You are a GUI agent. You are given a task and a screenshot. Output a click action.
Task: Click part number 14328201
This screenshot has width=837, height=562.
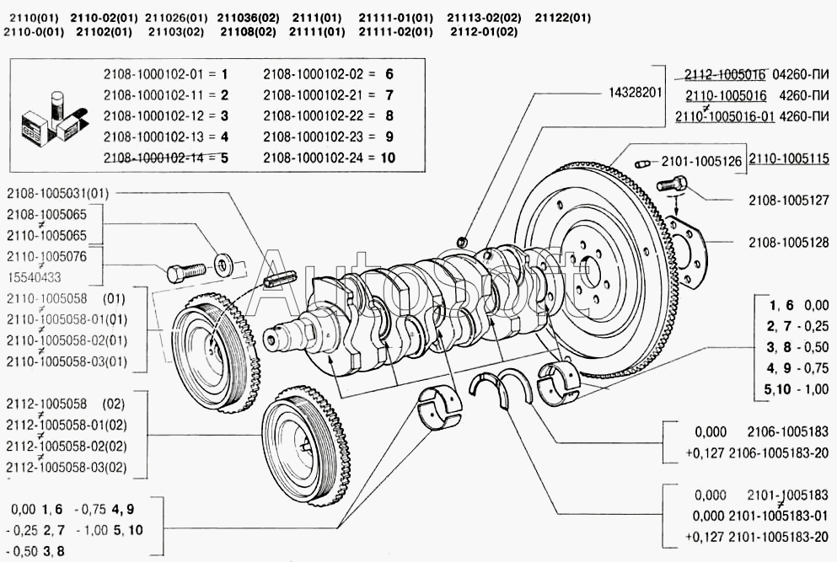point(636,93)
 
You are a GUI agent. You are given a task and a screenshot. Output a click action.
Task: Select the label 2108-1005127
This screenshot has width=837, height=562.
point(788,201)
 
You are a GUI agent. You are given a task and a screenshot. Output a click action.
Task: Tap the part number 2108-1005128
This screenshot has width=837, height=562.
point(788,243)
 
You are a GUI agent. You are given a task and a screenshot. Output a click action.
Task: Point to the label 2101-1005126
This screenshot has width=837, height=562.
point(701,161)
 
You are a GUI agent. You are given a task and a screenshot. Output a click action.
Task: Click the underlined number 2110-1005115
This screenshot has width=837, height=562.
point(789,158)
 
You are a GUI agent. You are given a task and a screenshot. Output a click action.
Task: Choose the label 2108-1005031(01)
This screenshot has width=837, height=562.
point(57,194)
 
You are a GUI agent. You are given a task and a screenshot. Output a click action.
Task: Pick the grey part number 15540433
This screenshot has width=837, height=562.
point(34,277)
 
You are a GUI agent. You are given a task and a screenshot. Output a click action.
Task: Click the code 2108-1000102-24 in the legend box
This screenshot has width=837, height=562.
point(318,158)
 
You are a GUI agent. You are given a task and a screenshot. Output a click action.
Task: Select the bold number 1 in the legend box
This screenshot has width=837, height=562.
point(225,74)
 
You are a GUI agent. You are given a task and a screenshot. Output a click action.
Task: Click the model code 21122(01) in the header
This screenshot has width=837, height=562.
point(562,18)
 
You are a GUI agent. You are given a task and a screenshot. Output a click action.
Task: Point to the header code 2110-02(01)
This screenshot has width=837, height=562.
point(104,18)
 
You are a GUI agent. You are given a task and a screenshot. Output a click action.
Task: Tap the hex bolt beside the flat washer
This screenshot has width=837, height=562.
point(185,270)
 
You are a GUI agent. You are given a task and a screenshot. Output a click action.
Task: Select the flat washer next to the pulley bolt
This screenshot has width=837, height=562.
point(223,264)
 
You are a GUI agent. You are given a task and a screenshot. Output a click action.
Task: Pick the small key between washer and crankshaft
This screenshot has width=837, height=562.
point(280,280)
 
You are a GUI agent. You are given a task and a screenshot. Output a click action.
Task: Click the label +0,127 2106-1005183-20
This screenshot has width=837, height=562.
point(757,453)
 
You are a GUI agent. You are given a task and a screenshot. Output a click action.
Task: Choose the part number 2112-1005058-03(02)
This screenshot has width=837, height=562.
point(67,467)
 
